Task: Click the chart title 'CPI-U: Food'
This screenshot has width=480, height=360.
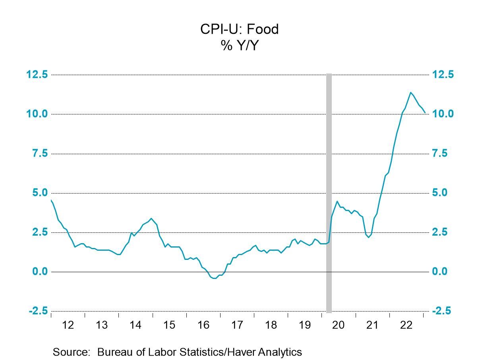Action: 240,29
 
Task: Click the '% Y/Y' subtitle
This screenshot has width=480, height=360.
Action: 240,46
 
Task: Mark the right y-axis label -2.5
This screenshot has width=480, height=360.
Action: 441,311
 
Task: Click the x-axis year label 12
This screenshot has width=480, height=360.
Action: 68,325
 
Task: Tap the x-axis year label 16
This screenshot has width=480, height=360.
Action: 203,325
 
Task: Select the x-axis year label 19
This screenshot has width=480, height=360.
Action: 304,325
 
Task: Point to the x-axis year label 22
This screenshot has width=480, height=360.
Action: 406,325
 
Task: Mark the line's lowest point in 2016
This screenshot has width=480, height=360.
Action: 215,278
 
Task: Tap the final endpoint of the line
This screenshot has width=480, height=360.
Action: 425,112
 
